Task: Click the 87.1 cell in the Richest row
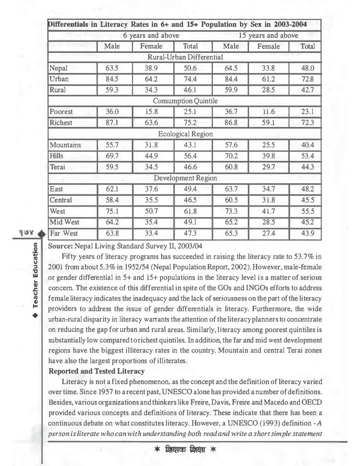click(x=112, y=123)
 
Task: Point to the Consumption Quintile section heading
click(x=185, y=101)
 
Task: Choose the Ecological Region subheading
click(x=185, y=134)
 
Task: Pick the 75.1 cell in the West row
click(x=112, y=211)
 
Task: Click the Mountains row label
click(x=65, y=145)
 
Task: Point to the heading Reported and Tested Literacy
click(x=96, y=371)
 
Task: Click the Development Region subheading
click(x=185, y=178)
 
